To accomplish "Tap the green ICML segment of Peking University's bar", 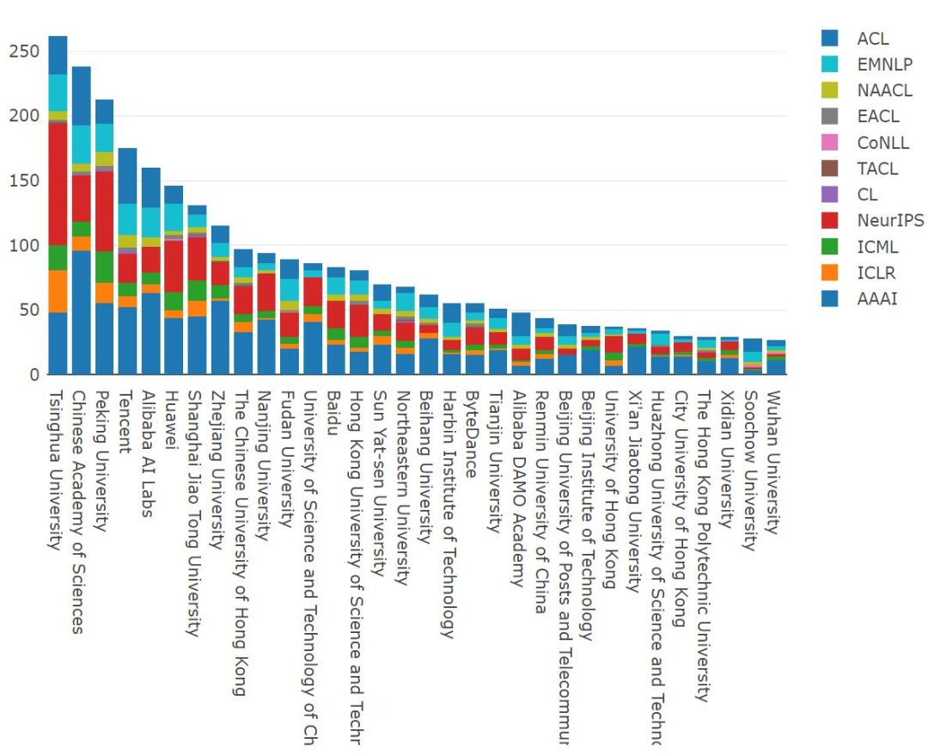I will (104, 267).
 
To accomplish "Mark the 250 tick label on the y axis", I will (24, 52).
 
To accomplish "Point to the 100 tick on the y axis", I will (24, 246).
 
